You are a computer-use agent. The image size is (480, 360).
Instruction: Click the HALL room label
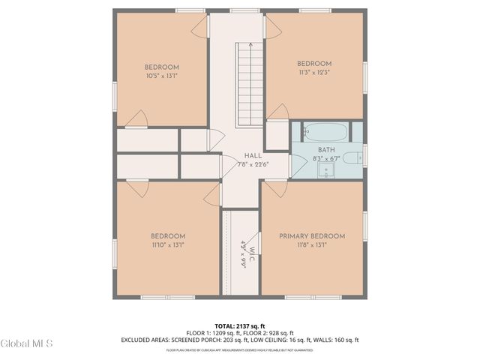click(241, 155)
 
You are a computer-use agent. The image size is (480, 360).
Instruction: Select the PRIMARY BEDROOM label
click(312, 236)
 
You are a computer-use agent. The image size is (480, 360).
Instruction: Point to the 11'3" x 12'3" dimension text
click(313, 72)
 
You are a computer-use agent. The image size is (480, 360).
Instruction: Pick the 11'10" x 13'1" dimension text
click(167, 244)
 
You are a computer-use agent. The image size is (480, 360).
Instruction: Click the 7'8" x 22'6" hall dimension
click(241, 164)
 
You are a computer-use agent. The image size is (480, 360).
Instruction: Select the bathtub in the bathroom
click(325, 132)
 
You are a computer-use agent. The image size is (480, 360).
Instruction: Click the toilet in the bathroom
click(358, 157)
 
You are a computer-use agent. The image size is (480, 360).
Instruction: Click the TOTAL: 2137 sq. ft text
click(240, 326)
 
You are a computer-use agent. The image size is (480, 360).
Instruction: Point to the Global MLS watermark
click(26, 343)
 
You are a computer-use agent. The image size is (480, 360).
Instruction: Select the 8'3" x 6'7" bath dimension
click(327, 159)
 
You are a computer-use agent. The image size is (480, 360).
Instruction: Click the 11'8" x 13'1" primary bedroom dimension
click(312, 244)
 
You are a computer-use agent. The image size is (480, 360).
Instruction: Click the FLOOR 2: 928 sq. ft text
click(269, 333)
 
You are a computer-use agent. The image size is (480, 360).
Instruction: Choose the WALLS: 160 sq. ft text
click(332, 340)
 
